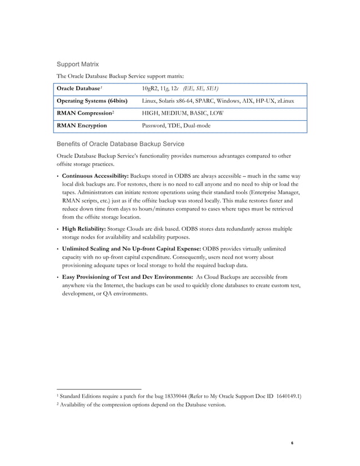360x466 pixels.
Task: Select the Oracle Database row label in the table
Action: (x=80, y=89)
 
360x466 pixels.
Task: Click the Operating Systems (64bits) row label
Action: (x=92, y=101)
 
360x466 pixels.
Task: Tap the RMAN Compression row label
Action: (x=83, y=113)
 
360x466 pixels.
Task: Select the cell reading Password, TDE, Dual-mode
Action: (x=176, y=126)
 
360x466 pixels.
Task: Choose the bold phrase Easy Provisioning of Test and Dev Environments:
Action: (x=126, y=278)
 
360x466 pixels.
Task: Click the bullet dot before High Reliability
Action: (x=58, y=229)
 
